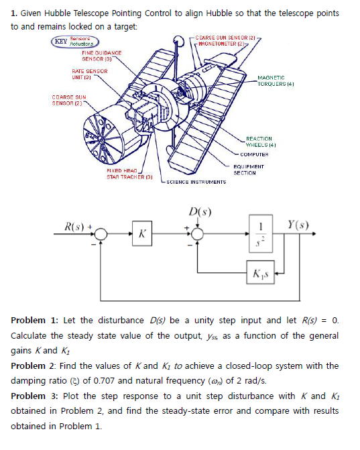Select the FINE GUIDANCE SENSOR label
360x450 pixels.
[x=101, y=55]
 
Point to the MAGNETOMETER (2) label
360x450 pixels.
[x=223, y=43]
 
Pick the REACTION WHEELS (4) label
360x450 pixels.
[x=261, y=139]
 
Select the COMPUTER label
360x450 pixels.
[x=255, y=154]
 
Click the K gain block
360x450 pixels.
[x=141, y=234]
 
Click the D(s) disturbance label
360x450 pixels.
[x=199, y=213]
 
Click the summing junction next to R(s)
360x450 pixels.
[x=101, y=234]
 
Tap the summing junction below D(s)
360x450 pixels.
[x=199, y=234]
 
